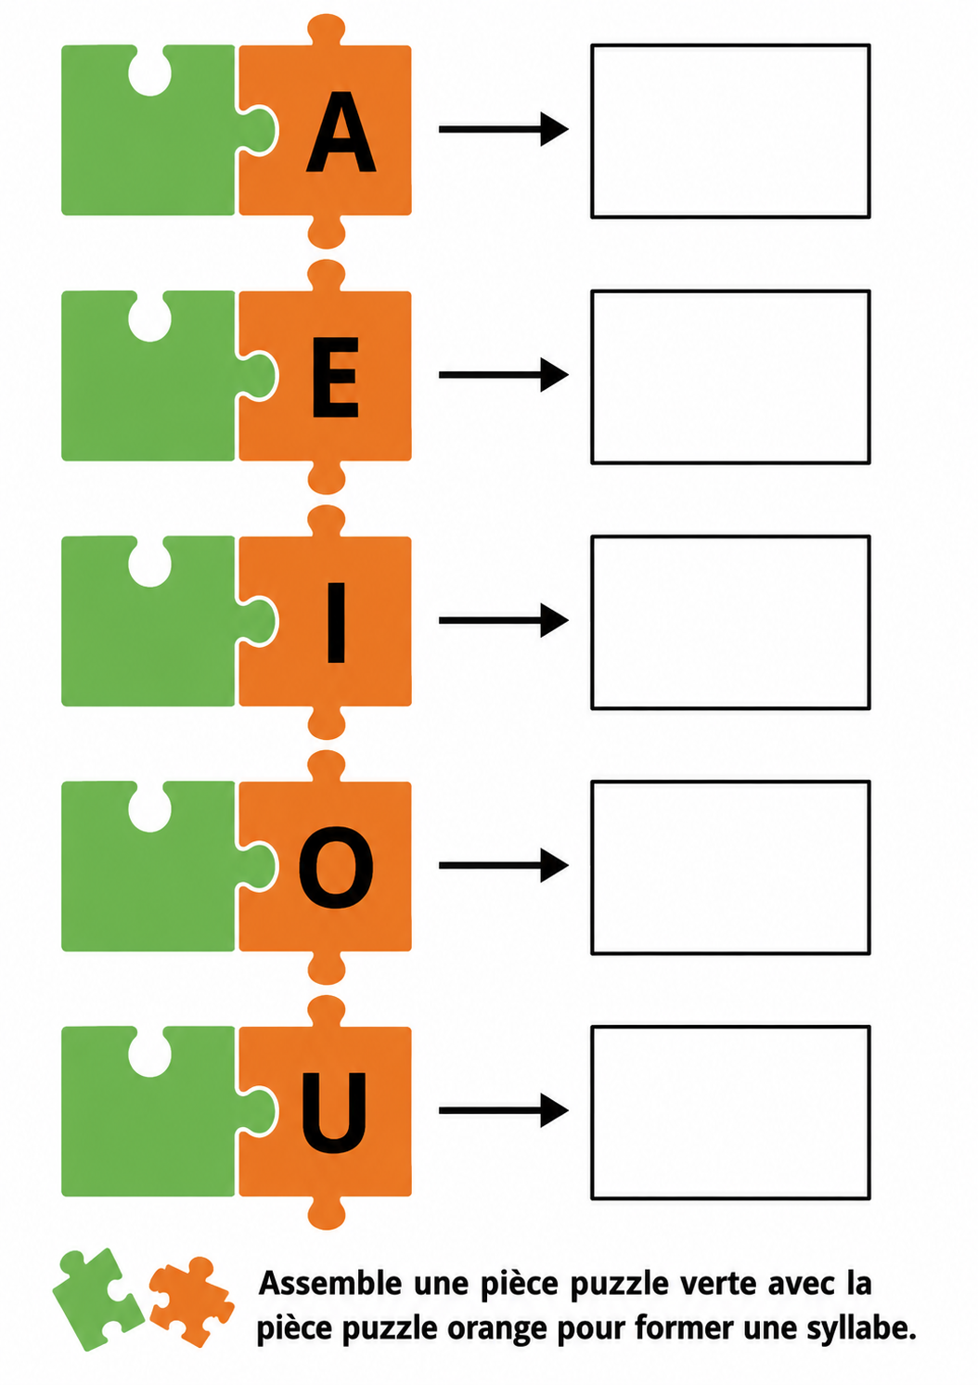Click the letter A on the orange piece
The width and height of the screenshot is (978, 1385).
pyautogui.click(x=341, y=132)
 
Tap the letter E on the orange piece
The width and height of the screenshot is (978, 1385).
pyautogui.click(x=336, y=377)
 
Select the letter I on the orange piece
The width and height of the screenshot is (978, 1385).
pyautogui.click(x=336, y=622)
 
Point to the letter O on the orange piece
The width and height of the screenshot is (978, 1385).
pyautogui.click(x=336, y=867)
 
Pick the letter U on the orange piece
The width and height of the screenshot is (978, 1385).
pyautogui.click(x=334, y=1113)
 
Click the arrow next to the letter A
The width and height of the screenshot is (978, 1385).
pyautogui.click(x=503, y=129)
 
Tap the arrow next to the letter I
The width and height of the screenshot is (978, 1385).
pyautogui.click(x=503, y=620)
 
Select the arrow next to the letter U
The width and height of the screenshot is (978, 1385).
pyautogui.click(x=503, y=1110)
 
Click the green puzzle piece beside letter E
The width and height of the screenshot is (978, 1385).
pyautogui.click(x=148, y=395)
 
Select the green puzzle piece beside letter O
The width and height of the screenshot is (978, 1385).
pyautogui.click(x=148, y=887)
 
